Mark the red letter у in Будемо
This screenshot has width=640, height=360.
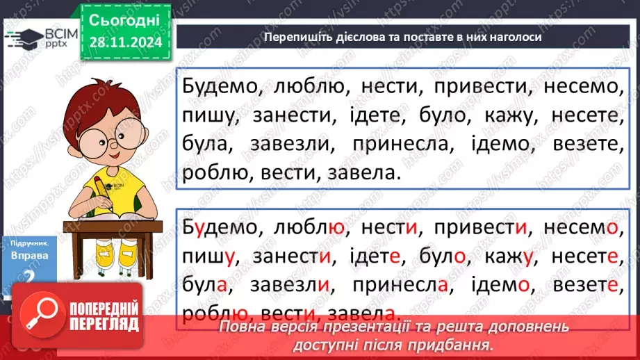200,228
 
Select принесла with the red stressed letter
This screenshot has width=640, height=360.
404,284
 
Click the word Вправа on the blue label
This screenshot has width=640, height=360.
30,255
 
